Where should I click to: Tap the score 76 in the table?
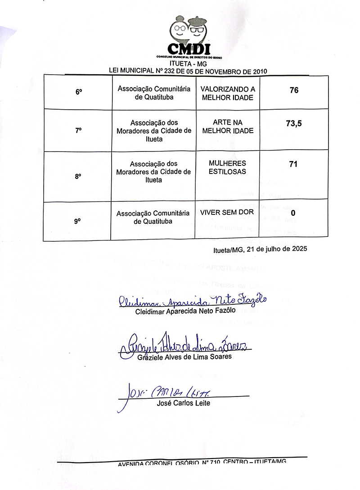coord(294,90)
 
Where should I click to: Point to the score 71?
coord(293,164)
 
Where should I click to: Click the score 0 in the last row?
coord(293,213)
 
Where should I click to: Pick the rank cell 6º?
coord(79,92)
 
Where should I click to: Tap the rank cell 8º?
coord(78,176)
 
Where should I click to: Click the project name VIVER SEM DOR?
coord(228,212)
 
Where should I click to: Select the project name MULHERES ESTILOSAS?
coord(228,167)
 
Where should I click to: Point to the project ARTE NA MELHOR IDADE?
coord(228,126)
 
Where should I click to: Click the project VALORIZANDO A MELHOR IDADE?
coord(228,94)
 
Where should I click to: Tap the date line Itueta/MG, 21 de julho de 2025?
coord(260,249)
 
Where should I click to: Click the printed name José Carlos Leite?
coord(183,403)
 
